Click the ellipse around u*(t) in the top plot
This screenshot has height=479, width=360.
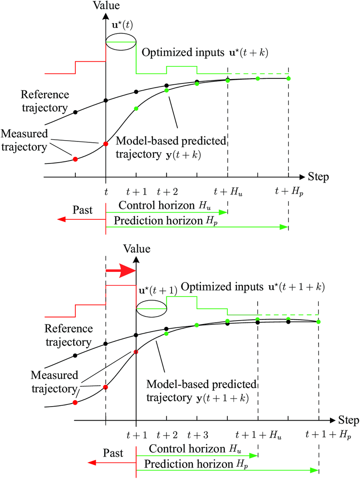tap(121, 42)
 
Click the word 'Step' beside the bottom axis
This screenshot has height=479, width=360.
tap(349, 421)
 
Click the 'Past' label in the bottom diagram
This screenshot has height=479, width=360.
tap(113, 453)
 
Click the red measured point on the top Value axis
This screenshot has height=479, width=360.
tap(105, 144)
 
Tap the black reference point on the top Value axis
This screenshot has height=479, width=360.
tap(105, 100)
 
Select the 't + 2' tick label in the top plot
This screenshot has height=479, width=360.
tap(167, 192)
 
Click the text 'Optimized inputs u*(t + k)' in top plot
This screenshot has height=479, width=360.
tap(205, 53)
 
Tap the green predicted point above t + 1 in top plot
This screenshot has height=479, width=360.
tap(136, 109)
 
